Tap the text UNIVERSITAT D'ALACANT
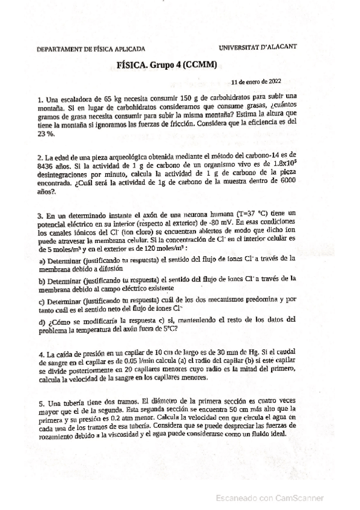coord(258,46)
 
